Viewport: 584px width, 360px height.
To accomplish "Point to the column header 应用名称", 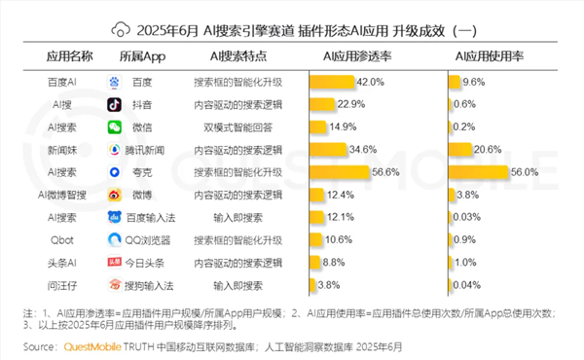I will (63, 56).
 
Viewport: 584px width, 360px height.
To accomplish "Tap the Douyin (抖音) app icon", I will (115, 105).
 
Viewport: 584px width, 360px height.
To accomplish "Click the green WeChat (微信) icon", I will (115, 126).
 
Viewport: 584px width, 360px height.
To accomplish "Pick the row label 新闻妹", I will (62, 149).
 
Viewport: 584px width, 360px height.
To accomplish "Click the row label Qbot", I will (62, 239).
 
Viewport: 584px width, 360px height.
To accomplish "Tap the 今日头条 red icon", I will (115, 262).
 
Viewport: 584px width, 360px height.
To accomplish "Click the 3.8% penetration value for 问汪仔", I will (328, 285).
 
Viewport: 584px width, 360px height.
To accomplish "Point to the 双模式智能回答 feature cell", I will (237, 126).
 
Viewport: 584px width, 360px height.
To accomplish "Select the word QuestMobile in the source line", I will (93, 346).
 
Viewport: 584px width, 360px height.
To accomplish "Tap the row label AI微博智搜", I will (62, 195).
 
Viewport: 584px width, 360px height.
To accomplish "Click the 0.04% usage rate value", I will (467, 285).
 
